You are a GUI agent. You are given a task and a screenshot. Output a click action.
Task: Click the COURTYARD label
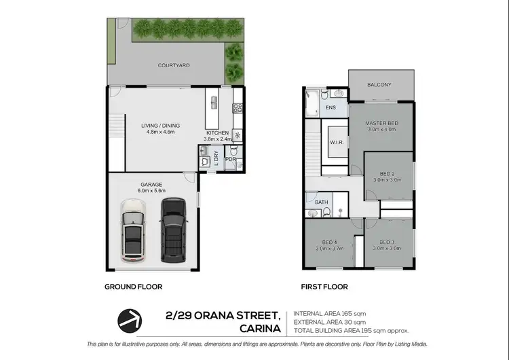pyautogui.click(x=173, y=66)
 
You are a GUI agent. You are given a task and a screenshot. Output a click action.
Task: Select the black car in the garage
pyautogui.click(x=172, y=230)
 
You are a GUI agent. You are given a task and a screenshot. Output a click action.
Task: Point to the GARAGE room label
pyautogui.click(x=151, y=183)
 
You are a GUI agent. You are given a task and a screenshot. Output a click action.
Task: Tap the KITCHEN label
pyautogui.click(x=219, y=132)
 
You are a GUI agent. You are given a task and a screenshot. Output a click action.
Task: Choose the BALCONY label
pyautogui.click(x=379, y=85)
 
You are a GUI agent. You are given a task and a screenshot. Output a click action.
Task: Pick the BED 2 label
pyautogui.click(x=388, y=174)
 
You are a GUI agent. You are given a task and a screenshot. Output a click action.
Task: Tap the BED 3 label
pyautogui.click(x=387, y=242)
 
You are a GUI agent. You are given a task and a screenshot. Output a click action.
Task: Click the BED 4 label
pyautogui.click(x=329, y=242)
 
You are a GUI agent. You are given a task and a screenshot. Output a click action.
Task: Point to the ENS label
pyautogui.click(x=331, y=108)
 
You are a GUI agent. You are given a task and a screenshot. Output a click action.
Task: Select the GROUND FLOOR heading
pyautogui.click(x=133, y=287)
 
